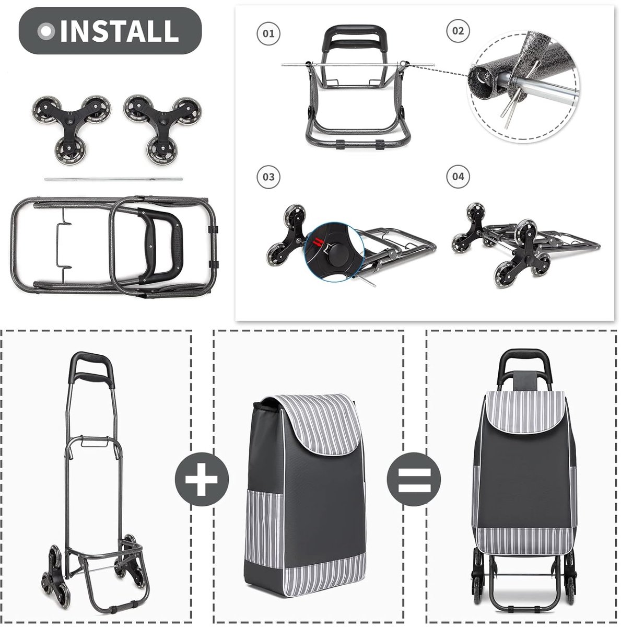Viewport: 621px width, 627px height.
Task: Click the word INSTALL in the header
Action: (x=120, y=31)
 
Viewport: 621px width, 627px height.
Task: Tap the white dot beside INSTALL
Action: (x=46, y=31)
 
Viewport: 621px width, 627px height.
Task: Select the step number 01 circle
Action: (x=268, y=33)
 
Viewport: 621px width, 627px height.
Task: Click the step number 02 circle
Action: (x=458, y=31)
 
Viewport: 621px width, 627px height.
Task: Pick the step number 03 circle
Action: (x=268, y=177)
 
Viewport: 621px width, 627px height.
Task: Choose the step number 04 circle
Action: (x=458, y=177)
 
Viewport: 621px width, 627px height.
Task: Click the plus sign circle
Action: (x=202, y=479)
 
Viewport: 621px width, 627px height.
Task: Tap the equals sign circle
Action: (x=414, y=479)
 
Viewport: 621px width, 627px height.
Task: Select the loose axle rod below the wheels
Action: (x=113, y=179)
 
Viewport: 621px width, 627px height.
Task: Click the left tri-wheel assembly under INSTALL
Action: (x=71, y=130)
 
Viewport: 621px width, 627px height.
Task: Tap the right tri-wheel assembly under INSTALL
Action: (x=162, y=130)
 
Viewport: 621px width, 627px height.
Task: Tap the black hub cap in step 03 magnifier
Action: (x=335, y=254)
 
